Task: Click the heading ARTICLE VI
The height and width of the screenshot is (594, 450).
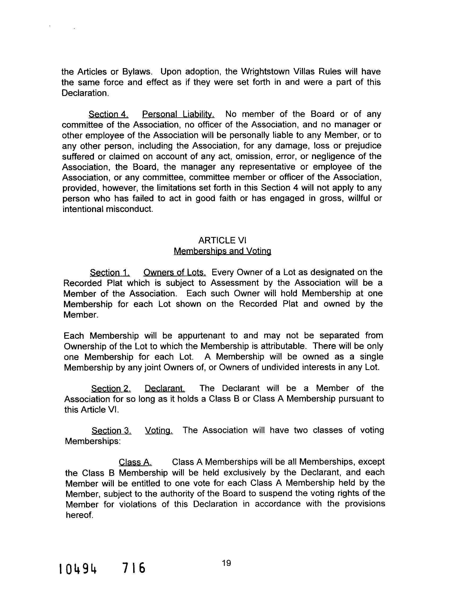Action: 222,240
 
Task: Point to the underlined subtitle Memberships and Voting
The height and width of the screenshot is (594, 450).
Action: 222,251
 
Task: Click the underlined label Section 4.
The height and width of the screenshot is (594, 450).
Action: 108,115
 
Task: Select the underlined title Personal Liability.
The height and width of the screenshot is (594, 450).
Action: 178,115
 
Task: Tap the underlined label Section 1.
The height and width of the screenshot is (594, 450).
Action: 110,272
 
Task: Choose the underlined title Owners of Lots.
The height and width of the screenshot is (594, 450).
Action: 175,272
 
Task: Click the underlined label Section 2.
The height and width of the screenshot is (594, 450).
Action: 111,389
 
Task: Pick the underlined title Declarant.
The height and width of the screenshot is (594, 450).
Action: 165,389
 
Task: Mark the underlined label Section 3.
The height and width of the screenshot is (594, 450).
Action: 111,431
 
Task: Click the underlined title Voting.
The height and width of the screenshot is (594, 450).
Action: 159,431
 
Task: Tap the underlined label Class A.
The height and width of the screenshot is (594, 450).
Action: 135,462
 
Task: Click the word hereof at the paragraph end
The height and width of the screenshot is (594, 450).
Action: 79,515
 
